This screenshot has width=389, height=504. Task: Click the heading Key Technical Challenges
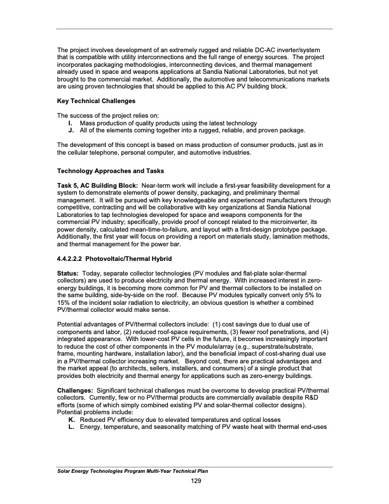pos(96,101)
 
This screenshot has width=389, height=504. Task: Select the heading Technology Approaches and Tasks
pos(109,172)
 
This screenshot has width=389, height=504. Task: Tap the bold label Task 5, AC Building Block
pos(97,185)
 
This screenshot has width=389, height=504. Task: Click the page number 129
pos(196,479)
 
